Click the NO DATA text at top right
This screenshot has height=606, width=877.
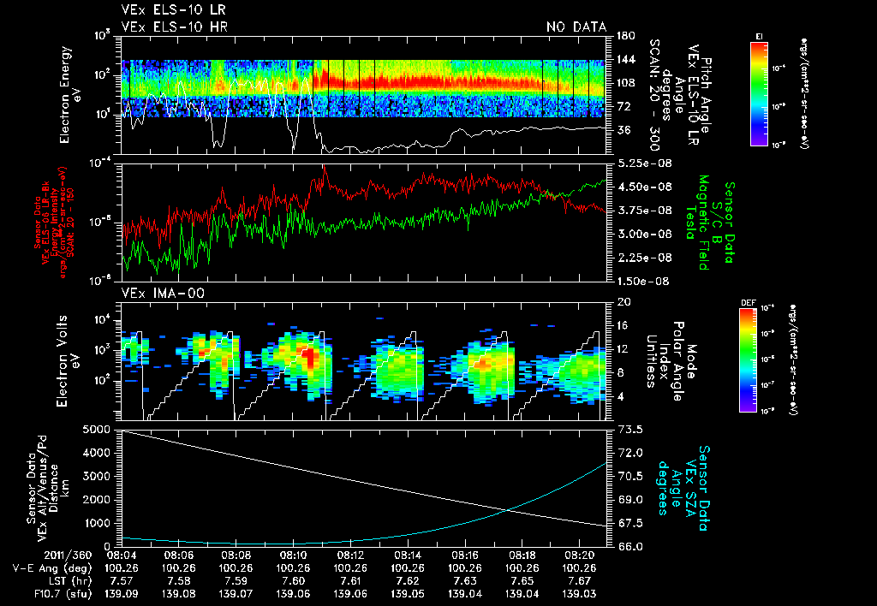point(576,27)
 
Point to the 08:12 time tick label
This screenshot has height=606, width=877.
point(350,555)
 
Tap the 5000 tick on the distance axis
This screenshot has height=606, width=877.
point(96,429)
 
